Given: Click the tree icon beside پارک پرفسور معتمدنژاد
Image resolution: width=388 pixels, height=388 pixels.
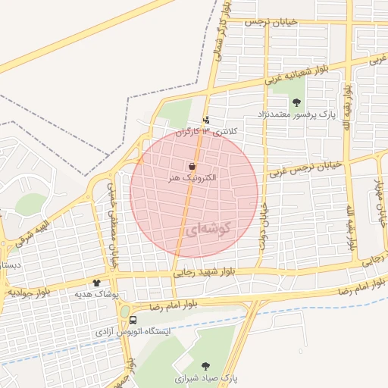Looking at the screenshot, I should (296, 102).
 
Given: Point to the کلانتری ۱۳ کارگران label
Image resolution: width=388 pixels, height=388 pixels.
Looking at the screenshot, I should (207, 131).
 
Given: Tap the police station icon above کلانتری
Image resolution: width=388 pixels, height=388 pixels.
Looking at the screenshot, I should (206, 119).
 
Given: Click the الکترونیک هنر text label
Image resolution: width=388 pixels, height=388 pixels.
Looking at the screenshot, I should (192, 177).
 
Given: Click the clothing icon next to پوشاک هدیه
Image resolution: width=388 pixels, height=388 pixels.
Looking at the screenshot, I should (96, 283).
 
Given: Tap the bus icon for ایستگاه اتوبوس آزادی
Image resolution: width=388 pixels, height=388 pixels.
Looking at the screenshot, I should (133, 320).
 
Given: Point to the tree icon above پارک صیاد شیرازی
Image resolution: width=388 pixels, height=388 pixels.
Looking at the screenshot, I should (206, 364).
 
